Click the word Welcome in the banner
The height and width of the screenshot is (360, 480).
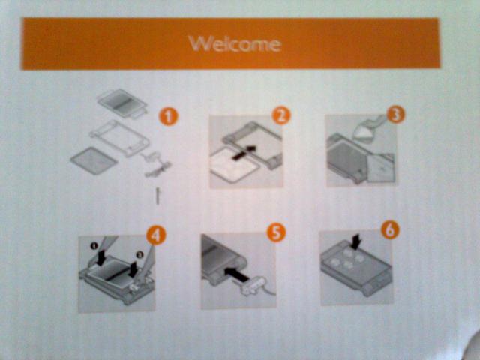(235, 44)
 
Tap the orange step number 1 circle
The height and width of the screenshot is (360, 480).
(168, 117)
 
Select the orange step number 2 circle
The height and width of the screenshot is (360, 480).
(281, 115)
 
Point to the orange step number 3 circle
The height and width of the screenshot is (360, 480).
(395, 114)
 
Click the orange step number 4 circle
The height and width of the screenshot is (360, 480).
(156, 235)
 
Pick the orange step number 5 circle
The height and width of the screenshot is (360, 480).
(276, 232)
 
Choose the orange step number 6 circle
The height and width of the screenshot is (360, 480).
(390, 229)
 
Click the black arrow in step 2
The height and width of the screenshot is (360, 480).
(244, 152)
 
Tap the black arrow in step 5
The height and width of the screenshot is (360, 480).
(237, 273)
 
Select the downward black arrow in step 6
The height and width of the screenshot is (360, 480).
(356, 241)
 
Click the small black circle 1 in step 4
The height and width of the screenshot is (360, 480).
(94, 245)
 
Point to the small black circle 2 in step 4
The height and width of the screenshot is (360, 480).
(139, 254)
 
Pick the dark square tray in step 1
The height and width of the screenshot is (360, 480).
(94, 160)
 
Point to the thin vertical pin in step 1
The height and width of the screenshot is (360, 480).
(157, 196)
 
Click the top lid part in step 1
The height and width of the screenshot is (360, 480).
(122, 103)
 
